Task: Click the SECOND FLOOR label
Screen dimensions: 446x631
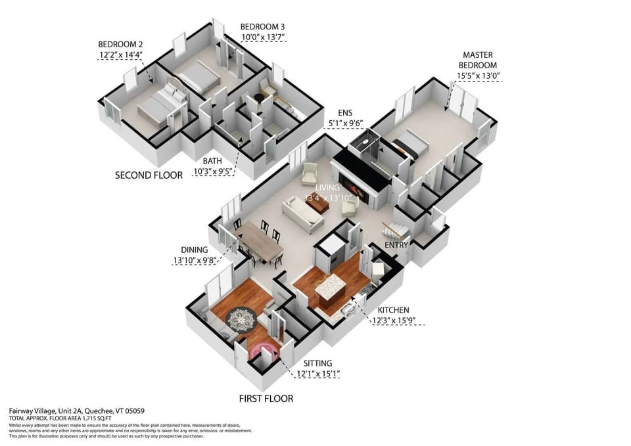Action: (149, 175)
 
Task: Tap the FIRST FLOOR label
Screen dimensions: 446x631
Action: (266, 398)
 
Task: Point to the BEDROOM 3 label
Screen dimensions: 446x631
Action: (262, 26)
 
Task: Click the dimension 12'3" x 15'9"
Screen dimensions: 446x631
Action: (397, 321)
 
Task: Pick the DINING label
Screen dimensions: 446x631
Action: (195, 250)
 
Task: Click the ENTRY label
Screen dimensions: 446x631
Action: (396, 245)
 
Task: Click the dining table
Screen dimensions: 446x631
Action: (261, 241)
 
